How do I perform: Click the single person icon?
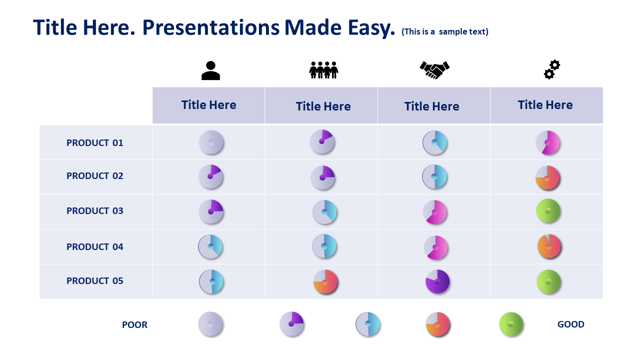point(210,70)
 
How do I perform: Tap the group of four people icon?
point(323,70)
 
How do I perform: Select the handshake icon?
point(434,70)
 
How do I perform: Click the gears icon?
point(551,69)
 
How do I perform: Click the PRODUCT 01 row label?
point(95,143)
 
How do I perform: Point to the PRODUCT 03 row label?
point(95,211)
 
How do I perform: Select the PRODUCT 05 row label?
point(95,281)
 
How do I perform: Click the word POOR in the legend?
point(134,325)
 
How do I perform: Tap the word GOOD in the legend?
point(570,324)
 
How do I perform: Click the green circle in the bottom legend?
point(511,324)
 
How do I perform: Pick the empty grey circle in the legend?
point(210,324)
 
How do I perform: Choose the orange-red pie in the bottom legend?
point(437,324)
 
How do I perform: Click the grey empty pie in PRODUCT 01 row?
point(211,142)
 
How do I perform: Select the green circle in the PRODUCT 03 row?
point(547,211)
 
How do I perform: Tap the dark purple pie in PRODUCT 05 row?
point(437,281)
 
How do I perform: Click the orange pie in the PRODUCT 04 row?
point(549,246)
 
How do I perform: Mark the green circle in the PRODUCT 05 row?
point(548,281)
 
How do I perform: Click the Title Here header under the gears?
point(545,105)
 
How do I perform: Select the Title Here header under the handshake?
point(431,106)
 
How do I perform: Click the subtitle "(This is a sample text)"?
point(445,31)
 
